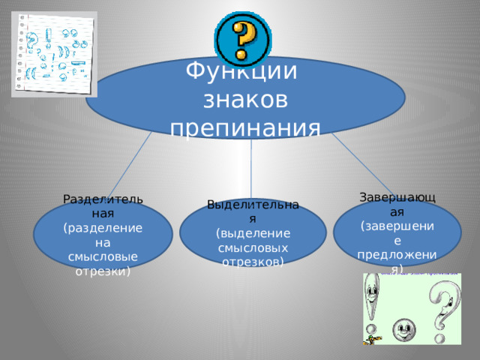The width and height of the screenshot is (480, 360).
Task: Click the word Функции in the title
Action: click(x=241, y=73)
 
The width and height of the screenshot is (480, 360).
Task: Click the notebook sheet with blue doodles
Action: click(x=54, y=54)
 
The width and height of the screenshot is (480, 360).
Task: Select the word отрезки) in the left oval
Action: click(x=103, y=271)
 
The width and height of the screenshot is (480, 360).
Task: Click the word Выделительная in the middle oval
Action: click(x=253, y=210)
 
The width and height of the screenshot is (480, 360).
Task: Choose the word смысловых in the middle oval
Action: click(x=253, y=247)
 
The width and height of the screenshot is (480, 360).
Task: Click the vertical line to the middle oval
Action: click(x=251, y=169)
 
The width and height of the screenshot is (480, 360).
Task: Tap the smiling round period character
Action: click(x=403, y=328)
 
